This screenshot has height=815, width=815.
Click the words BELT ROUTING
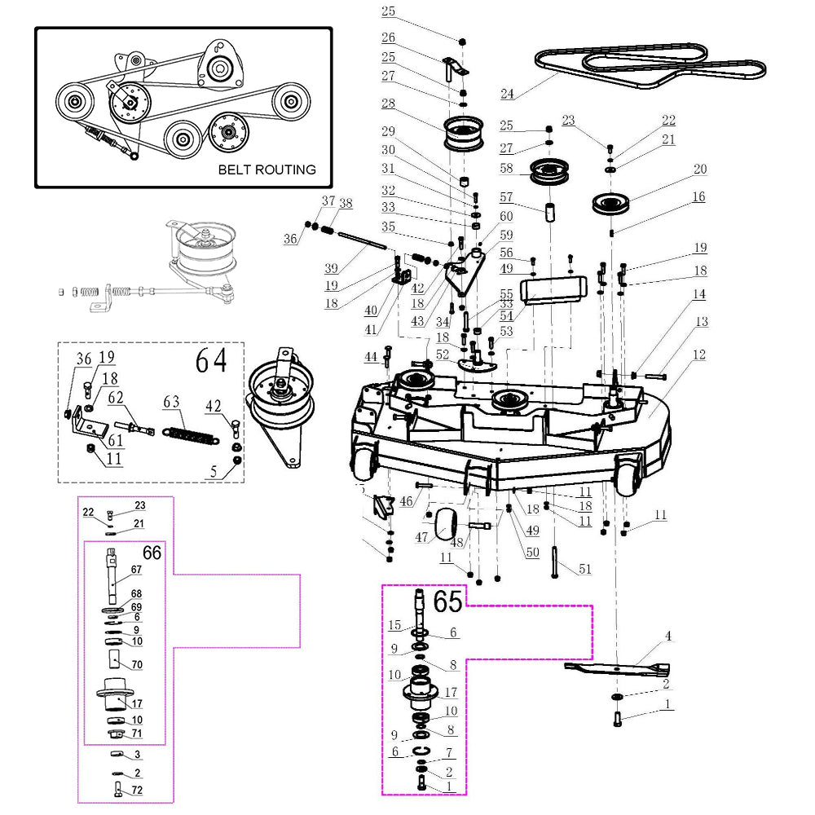[267, 170]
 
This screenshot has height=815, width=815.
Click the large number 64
[211, 360]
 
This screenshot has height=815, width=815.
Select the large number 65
[447, 601]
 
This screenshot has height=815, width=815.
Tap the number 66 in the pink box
[152, 553]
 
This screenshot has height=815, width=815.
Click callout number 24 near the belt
[507, 94]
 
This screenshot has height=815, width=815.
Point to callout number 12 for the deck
[699, 355]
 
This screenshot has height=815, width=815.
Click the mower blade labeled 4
[617, 668]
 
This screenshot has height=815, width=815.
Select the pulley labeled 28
[463, 134]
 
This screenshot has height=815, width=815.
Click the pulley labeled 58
[548, 171]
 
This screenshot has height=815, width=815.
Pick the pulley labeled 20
[611, 203]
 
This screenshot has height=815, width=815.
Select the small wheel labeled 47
[444, 524]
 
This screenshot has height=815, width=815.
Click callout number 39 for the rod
[331, 268]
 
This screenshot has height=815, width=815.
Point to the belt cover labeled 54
[554, 290]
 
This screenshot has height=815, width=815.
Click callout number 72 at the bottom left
[137, 790]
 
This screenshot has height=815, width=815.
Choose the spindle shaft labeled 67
[111, 576]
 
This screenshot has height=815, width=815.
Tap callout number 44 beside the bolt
[371, 357]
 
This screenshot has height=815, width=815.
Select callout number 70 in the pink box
[137, 664]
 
